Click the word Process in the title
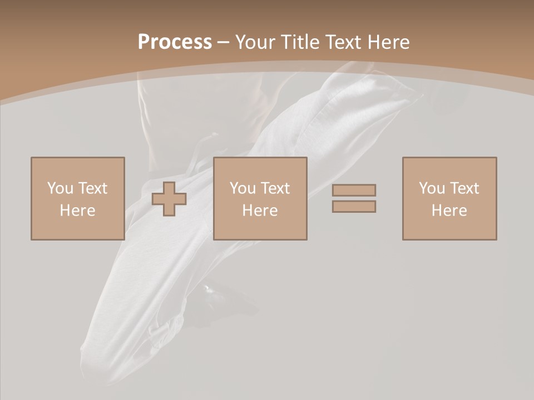175,42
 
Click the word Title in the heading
299,42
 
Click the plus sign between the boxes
169,199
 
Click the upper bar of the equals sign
354,190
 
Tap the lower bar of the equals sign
354,207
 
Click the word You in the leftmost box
60,188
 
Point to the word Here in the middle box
260,211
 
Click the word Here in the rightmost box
449,211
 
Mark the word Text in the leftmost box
92,188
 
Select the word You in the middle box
243,188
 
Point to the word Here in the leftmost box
77,211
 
